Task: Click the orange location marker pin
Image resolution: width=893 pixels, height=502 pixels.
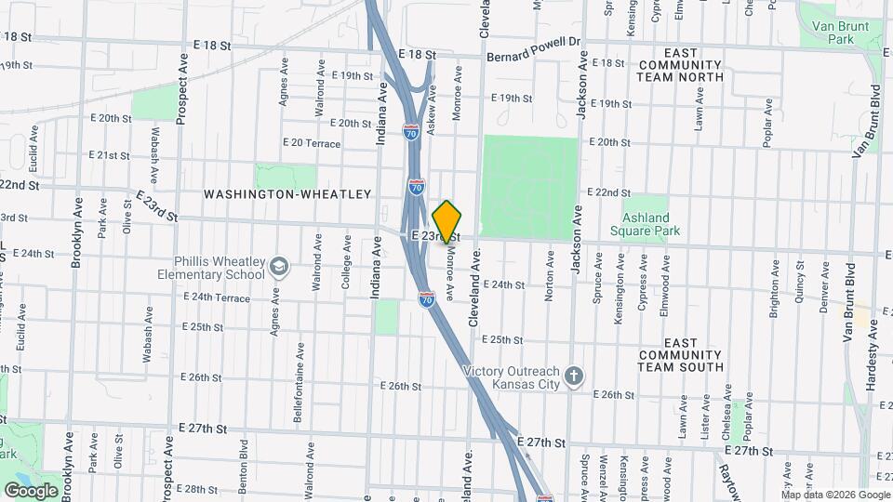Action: tap(446, 221)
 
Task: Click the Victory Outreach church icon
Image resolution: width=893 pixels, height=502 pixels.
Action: tap(575, 376)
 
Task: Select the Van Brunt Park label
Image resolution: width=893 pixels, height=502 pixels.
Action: tap(833, 33)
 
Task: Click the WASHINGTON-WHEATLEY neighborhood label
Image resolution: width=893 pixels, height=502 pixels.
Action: tap(287, 194)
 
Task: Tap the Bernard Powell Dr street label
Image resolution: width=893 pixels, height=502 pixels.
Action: tap(533, 47)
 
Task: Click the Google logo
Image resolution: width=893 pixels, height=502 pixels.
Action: tap(31, 490)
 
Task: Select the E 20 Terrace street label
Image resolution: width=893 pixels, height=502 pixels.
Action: tap(312, 144)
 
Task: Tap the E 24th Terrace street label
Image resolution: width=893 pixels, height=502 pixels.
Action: tap(216, 297)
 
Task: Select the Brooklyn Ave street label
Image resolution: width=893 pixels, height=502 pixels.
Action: tap(76, 232)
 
